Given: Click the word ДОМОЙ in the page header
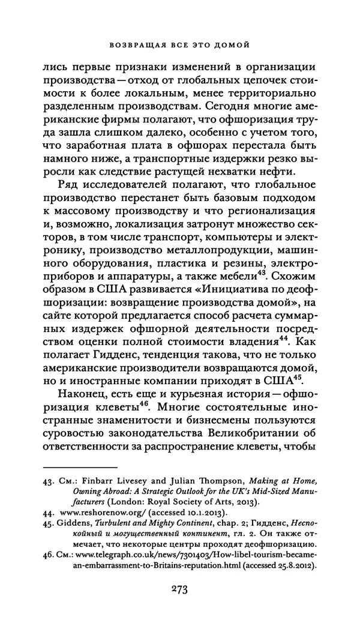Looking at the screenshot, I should click(x=234, y=44).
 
